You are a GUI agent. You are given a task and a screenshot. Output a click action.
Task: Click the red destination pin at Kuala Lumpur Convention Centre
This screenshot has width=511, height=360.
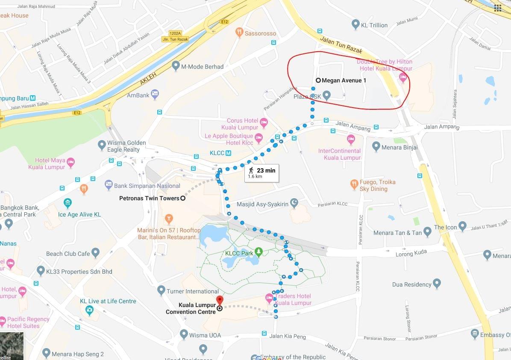[220, 300]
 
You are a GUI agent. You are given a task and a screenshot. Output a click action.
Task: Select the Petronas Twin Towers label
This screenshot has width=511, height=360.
[149, 198]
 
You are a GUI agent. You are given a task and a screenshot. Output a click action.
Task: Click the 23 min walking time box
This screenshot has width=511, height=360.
[261, 173]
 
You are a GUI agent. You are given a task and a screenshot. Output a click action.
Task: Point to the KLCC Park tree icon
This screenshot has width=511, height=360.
[258, 252]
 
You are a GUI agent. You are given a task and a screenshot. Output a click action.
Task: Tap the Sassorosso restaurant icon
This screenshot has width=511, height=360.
[239, 32]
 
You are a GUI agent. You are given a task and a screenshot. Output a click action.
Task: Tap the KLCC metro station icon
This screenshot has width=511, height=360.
[228, 153]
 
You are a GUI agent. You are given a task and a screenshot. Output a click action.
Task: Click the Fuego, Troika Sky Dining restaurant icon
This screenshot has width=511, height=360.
[354, 184]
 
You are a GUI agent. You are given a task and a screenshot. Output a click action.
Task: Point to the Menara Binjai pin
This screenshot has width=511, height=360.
[376, 146]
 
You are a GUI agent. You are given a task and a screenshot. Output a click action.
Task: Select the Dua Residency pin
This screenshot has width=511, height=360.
[437, 283]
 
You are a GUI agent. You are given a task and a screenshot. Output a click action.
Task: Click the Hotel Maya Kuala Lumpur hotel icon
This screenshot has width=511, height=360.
[70, 162]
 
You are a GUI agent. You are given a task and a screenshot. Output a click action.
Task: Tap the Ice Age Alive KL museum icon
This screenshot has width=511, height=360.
[68, 202]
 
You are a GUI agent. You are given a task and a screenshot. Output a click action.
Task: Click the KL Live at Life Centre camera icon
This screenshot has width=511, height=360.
[89, 310]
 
